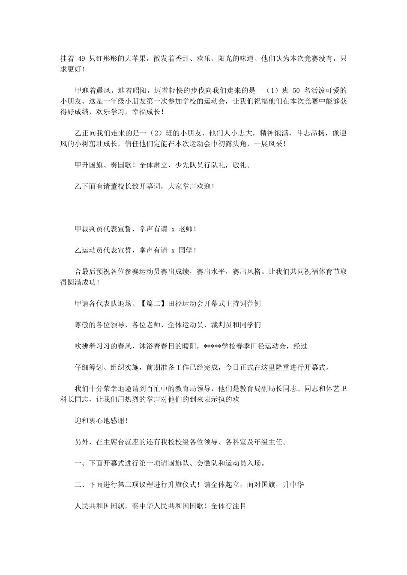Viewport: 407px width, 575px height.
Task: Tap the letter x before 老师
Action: pos(173,229)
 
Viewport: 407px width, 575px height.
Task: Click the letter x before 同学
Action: pos(173,250)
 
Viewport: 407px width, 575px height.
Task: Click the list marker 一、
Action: pos(78,463)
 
